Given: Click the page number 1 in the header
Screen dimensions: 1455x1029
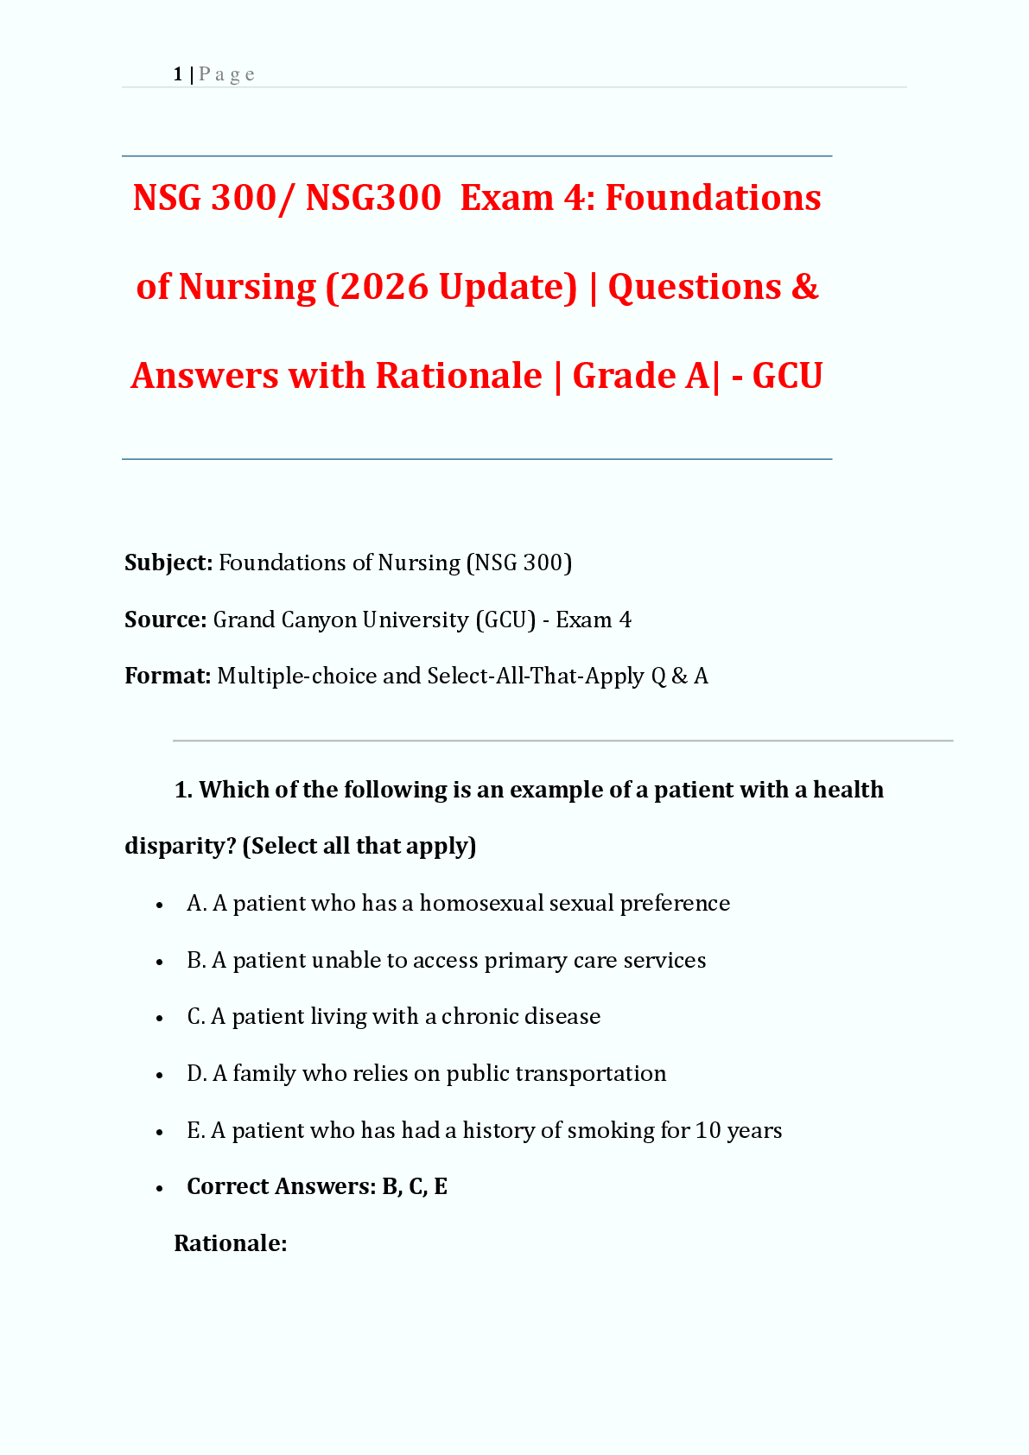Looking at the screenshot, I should (178, 74).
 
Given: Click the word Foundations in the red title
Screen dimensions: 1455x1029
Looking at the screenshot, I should (713, 198).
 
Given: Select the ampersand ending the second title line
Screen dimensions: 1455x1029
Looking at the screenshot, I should (804, 287).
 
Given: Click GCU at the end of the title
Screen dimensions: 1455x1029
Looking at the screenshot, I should (787, 376).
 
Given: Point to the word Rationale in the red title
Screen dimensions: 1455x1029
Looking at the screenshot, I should (459, 376).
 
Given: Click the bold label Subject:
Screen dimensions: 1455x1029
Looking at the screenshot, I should (168, 562).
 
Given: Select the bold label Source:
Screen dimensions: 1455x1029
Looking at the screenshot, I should (165, 619).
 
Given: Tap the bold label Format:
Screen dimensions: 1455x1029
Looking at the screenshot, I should (168, 676).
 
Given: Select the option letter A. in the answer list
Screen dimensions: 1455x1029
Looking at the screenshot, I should (196, 904).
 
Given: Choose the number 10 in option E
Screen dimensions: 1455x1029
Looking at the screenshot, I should (708, 1131).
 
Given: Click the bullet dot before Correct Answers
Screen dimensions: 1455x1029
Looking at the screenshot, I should (160, 1188).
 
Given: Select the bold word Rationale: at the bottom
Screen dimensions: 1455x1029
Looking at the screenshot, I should (230, 1243).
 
